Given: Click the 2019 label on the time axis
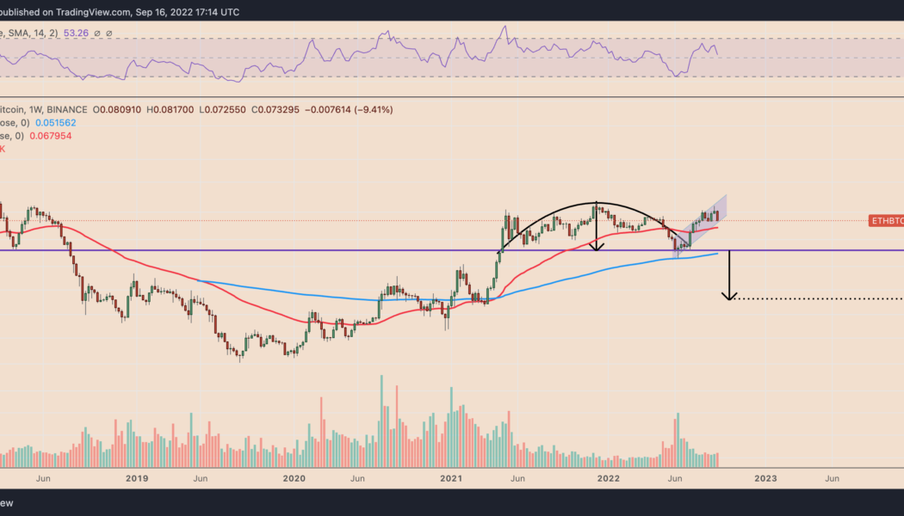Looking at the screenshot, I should (x=136, y=478).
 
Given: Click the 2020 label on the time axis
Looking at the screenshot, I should (x=294, y=478).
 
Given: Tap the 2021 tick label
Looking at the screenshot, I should (x=451, y=478).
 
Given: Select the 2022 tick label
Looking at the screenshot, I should (x=609, y=478).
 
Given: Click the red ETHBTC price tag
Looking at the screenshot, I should (x=886, y=221).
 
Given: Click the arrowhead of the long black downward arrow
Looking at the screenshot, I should (x=729, y=297).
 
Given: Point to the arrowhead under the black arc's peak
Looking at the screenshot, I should (x=596, y=247).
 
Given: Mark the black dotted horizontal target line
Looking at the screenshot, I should (x=818, y=299).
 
